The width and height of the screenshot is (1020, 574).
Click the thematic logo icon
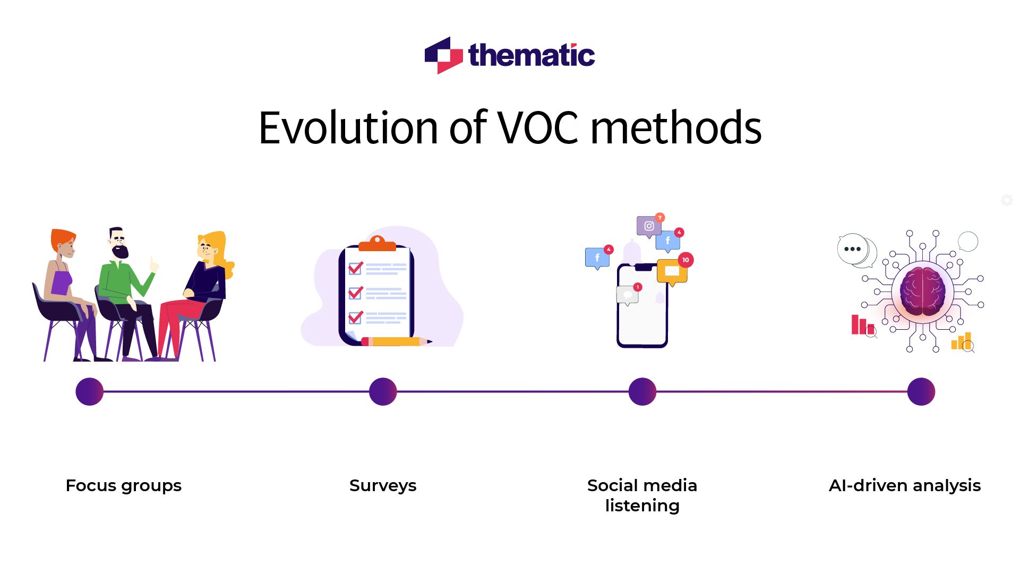[444, 55]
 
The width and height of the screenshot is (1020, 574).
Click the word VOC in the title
[537, 128]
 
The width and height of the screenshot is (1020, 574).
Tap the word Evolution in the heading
[348, 128]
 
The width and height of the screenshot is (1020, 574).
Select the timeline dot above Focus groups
[89, 392]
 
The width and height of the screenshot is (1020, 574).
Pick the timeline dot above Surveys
[383, 392]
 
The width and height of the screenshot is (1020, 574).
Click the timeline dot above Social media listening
[642, 392]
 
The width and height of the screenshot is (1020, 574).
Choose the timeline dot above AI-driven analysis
[921, 392]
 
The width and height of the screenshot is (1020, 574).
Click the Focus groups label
[123, 485]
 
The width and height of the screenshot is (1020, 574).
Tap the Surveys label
[383, 485]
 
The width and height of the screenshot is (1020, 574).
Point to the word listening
[642, 506]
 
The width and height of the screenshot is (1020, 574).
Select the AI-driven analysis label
[904, 485]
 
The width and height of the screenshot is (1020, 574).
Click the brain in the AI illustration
[923, 291]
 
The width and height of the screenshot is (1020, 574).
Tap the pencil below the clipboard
[396, 341]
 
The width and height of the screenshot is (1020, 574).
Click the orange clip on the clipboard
[377, 244]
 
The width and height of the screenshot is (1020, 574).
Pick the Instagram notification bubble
[649, 226]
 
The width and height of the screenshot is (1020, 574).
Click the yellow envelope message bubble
[672, 271]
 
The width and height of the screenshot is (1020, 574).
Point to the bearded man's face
[118, 245]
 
